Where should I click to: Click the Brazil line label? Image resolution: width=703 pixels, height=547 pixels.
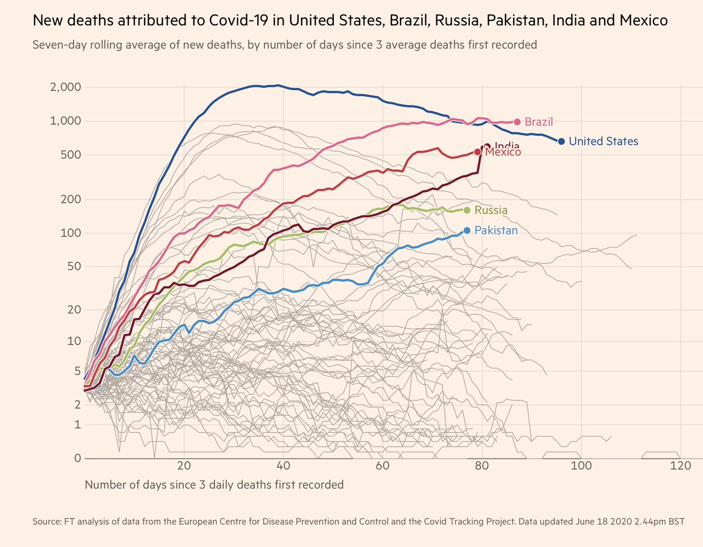538,122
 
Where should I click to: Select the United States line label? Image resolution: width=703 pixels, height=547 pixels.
603,142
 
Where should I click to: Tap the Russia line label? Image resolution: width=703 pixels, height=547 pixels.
491,211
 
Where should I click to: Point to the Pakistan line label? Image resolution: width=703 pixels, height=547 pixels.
496,231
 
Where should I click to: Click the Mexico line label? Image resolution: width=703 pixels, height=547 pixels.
503,153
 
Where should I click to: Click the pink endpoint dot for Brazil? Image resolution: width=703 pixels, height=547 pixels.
517,122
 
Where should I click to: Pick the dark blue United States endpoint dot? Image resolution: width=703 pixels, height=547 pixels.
561,142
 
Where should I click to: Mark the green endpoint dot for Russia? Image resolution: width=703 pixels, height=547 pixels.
467,211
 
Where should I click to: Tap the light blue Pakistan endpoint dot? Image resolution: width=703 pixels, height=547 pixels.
467,231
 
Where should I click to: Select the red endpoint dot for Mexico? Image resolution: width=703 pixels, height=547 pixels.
477,152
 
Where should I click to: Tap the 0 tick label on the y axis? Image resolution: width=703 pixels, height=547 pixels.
76,458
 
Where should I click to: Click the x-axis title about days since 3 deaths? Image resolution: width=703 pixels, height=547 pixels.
214,485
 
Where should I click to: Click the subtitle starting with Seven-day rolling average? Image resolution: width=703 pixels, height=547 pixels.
285,44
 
